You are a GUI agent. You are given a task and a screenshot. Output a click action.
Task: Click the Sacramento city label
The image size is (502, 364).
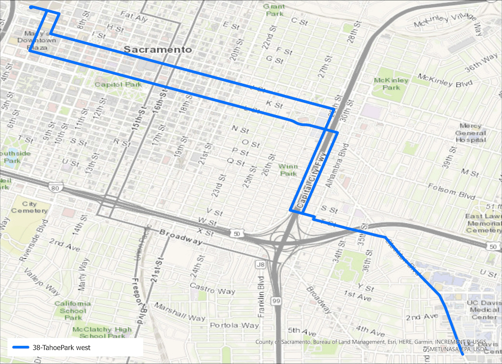(157, 49)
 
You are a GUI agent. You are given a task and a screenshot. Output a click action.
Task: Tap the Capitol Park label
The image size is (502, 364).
(118, 84)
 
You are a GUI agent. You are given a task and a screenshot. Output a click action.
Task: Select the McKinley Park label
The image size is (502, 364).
(391, 84)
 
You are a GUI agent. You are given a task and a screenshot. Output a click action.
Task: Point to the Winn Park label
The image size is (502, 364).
(288, 170)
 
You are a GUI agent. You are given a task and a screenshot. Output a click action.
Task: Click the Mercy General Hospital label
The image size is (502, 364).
(471, 132)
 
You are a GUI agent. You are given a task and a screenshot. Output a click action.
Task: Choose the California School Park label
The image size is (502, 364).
(73, 310)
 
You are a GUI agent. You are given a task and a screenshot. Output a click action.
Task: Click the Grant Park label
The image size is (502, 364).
(274, 10)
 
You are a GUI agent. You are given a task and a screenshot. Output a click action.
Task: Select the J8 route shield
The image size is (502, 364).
(260, 265)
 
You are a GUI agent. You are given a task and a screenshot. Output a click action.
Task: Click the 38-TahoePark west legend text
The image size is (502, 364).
(61, 348)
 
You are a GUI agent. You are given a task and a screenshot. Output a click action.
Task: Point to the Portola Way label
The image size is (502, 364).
(234, 325)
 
